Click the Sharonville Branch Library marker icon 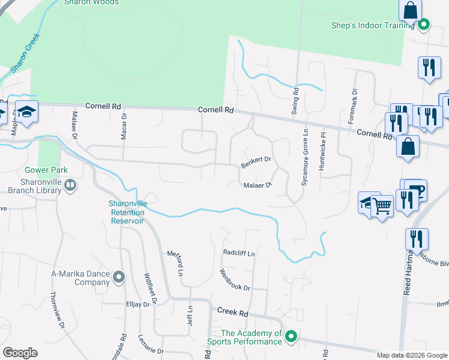[x=70, y=185]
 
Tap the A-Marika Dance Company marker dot [x=119, y=277]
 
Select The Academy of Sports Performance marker [x=291, y=337]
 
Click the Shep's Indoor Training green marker [x=424, y=25]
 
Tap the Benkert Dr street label [x=256, y=162]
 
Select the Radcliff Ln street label [x=239, y=253]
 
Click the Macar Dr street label [x=124, y=127]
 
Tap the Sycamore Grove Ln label [x=305, y=157]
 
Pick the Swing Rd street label [x=295, y=100]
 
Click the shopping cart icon [x=382, y=206]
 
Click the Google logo [x=20, y=353]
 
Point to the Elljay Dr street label [x=137, y=305]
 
